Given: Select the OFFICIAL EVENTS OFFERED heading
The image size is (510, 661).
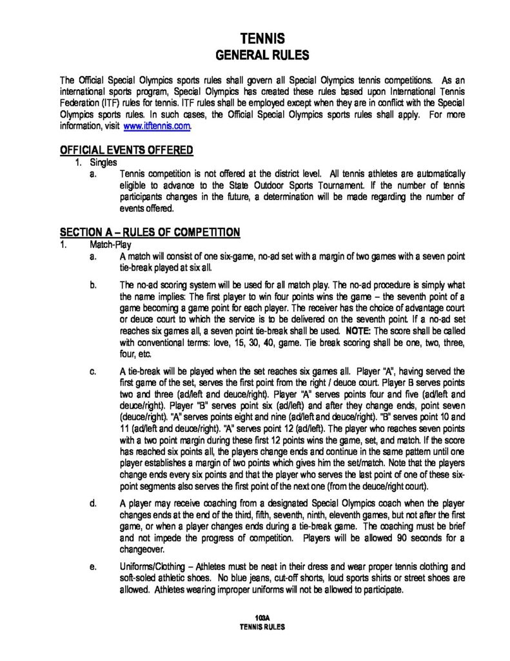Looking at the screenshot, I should click(126, 150).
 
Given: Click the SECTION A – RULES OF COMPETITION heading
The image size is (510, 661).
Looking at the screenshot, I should click(150, 232).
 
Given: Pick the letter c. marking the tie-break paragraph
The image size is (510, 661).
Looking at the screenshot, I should click(93, 371).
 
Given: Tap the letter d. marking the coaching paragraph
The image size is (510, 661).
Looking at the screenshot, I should click(93, 502).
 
